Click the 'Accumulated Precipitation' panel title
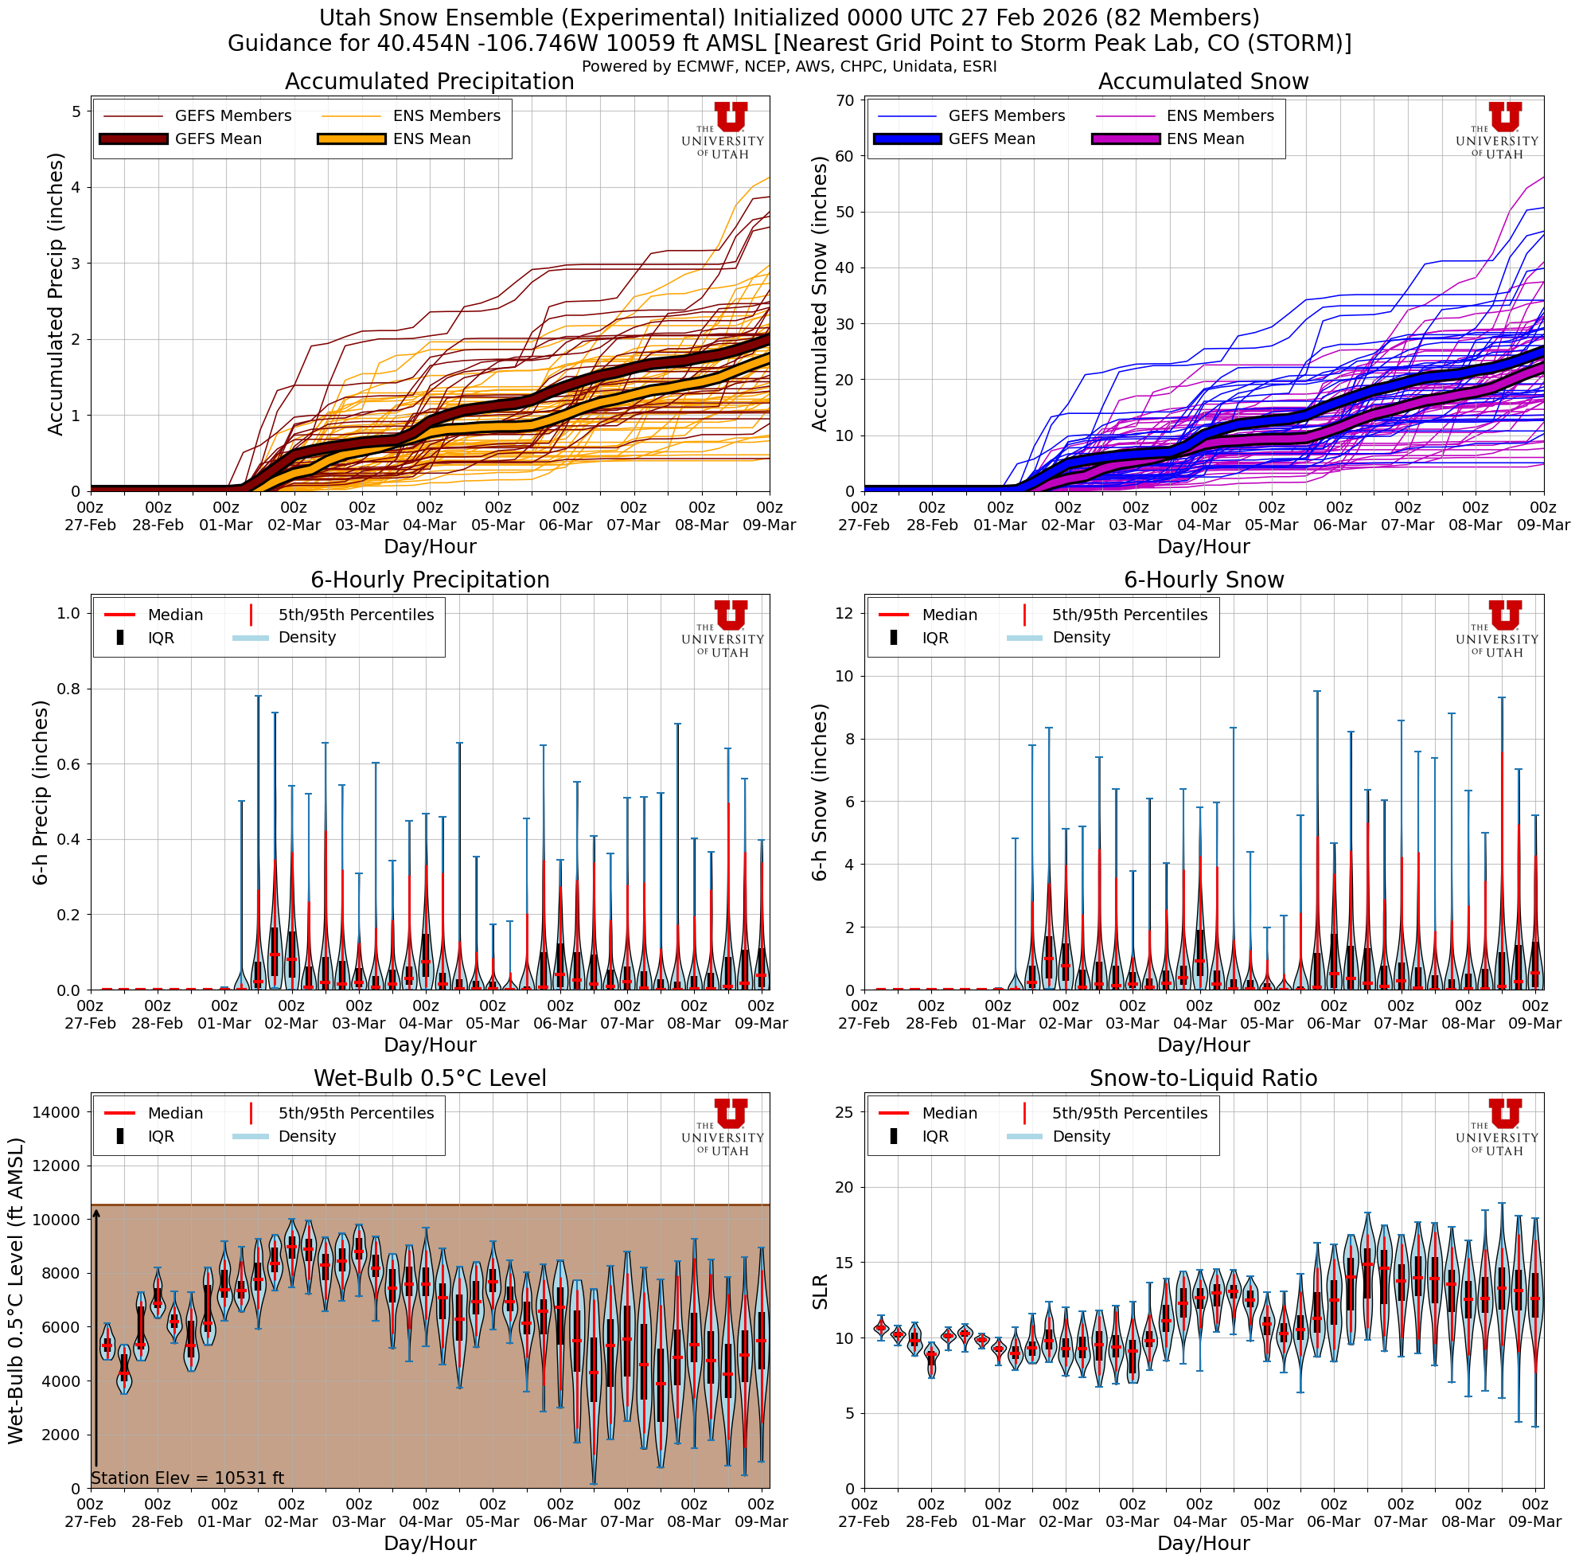(429, 82)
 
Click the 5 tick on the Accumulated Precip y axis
(76, 111)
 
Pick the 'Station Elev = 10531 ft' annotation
(187, 1478)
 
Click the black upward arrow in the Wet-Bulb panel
(96, 1341)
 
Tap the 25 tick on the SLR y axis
(844, 1111)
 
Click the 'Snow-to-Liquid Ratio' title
(1203, 1078)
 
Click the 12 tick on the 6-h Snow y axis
(844, 613)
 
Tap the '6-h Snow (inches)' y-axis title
(820, 792)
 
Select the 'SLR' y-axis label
(820, 1291)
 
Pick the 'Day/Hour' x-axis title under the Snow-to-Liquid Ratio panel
(1203, 1543)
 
